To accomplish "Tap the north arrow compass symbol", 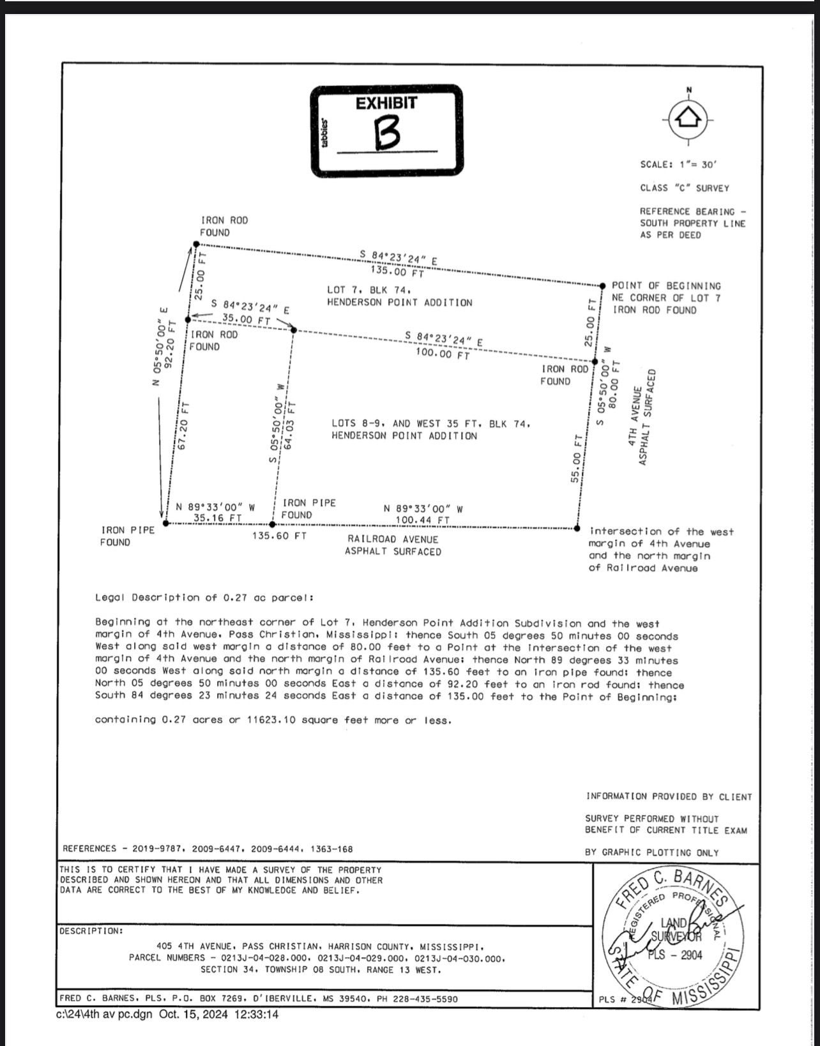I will click(x=688, y=119).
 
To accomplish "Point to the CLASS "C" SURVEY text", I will click(x=684, y=188).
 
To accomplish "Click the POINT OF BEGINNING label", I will click(x=665, y=286).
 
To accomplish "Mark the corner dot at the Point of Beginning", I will click(x=602, y=285).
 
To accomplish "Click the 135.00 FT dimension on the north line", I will click(x=397, y=272).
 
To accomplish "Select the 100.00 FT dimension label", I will click(x=443, y=353).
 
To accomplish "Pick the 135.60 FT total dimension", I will click(x=279, y=536).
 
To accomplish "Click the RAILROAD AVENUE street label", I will click(x=393, y=540).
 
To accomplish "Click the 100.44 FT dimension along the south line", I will click(x=423, y=520).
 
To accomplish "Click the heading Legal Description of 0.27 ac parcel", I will click(x=204, y=598).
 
